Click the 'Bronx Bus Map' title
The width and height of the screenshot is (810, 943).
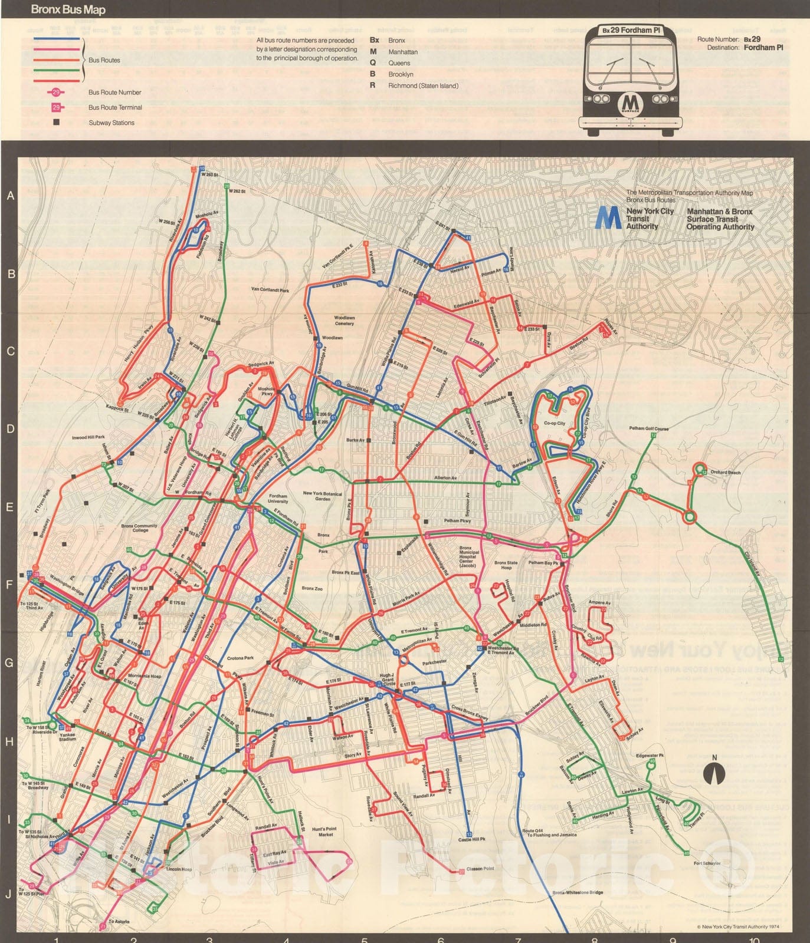(68, 10)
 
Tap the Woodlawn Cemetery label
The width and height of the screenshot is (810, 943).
(345, 320)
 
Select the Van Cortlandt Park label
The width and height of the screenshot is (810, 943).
(270, 290)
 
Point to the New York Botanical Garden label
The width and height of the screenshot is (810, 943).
(322, 496)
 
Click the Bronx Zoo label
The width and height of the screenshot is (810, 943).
(312, 588)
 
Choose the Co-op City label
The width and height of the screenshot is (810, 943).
(554, 423)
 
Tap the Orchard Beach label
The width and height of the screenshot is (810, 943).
(725, 472)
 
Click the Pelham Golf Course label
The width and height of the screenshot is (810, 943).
(648, 428)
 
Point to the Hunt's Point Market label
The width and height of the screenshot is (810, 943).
(326, 832)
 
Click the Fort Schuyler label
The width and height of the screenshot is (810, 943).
(707, 863)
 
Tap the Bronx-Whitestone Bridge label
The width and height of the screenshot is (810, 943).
(578, 893)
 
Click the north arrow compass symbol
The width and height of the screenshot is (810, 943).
(714, 771)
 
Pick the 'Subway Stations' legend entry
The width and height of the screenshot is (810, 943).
(112, 123)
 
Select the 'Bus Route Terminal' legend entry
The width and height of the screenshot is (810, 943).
(115, 107)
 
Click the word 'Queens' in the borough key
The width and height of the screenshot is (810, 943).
(399, 63)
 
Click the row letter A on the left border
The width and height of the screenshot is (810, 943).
(9, 196)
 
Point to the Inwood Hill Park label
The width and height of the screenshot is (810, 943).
(88, 438)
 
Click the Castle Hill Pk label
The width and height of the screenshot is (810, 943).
(471, 839)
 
